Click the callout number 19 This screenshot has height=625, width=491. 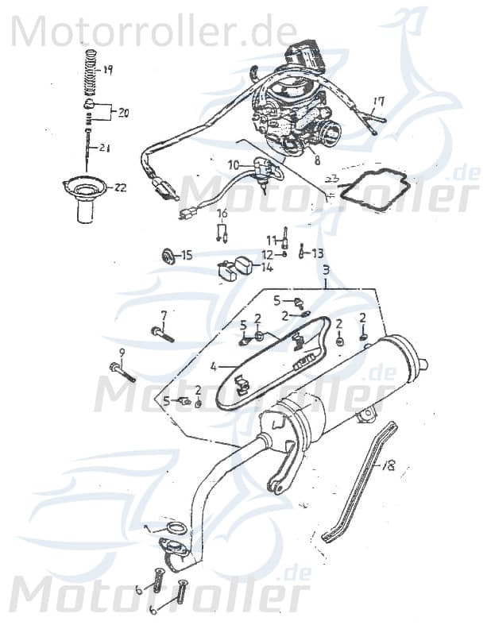pos(108,70)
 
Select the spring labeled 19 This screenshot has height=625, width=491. pos(90,75)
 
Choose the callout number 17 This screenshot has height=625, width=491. pos(378,102)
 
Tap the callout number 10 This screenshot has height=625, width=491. pos(234,165)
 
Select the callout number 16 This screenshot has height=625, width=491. pos(222,213)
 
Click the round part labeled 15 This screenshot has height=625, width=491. pos(168,256)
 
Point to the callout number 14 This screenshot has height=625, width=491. pos(267,268)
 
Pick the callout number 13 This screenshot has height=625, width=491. pos(317,253)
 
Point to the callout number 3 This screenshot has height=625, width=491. pos(325,271)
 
